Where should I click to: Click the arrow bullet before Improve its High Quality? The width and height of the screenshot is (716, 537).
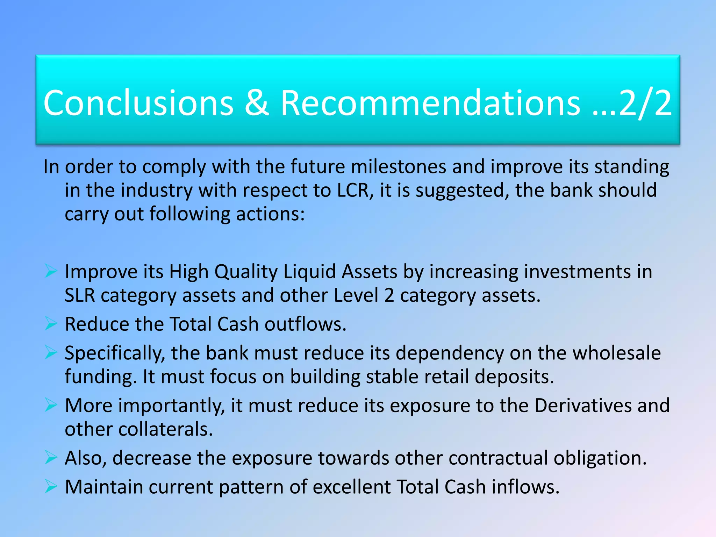[51, 271]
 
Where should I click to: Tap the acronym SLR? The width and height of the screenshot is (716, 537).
[80, 295]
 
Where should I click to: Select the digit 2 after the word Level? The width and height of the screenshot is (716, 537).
[389, 295]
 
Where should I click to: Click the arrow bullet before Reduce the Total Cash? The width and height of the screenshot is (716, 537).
[51, 324]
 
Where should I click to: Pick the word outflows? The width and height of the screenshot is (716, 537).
[305, 324]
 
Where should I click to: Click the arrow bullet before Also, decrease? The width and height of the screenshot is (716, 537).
[51, 458]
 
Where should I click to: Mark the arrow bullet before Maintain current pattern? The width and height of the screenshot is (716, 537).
[51, 486]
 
